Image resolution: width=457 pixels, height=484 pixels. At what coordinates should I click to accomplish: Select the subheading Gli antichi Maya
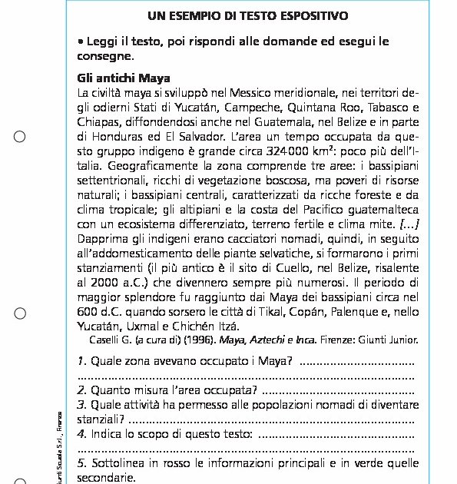pos(124,78)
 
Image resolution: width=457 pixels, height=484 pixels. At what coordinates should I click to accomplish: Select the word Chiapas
pos(98,121)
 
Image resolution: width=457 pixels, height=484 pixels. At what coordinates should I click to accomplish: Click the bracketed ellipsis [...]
pos(408,224)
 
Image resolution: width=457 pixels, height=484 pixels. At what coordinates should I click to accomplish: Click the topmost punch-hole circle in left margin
pos(21,137)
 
